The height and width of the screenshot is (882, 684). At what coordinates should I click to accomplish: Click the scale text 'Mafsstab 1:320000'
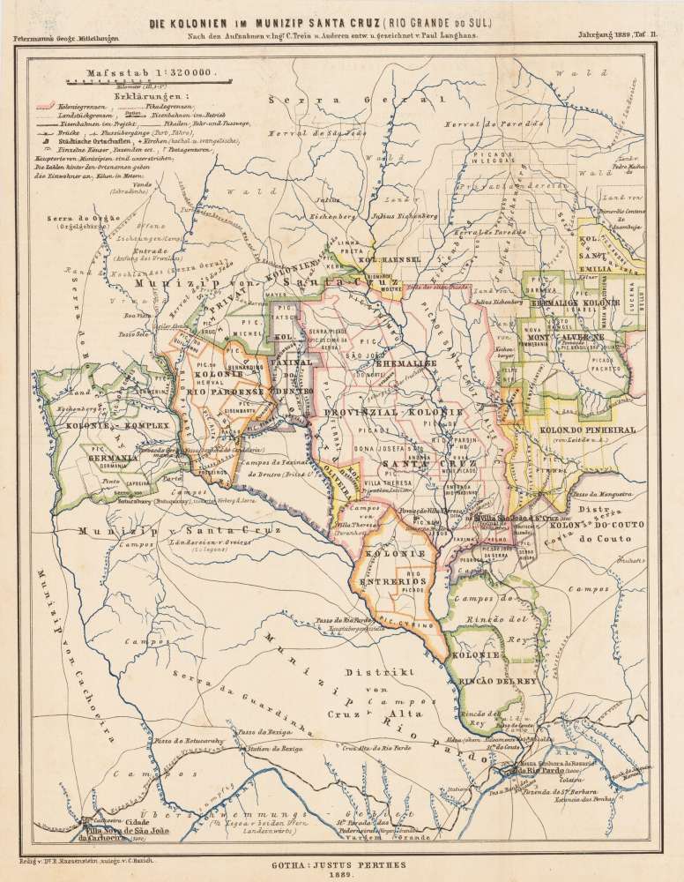(x=145, y=76)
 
